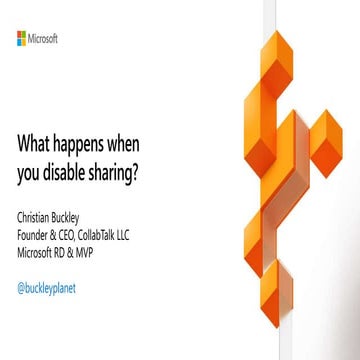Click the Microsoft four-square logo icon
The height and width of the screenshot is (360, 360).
(22, 38)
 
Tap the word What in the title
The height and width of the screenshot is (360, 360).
(36, 143)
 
